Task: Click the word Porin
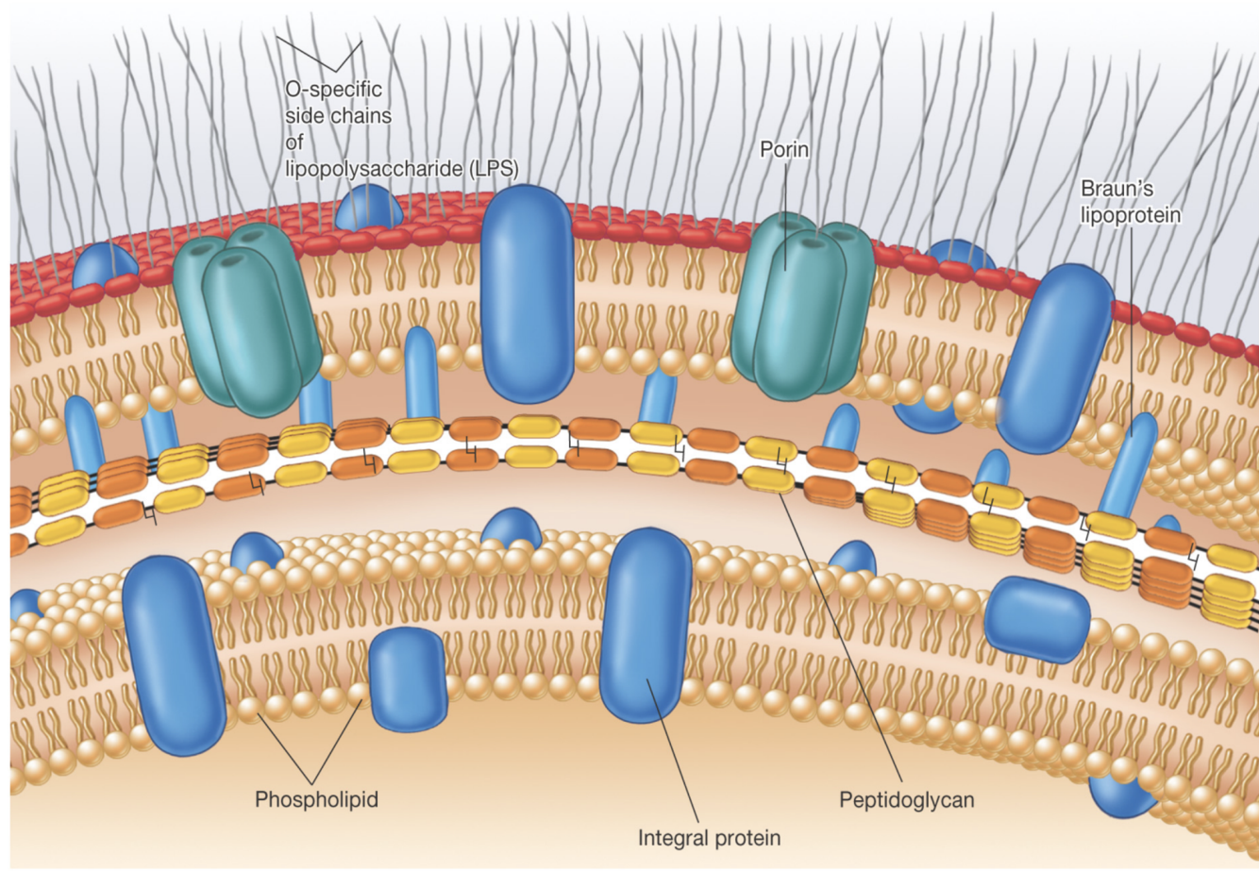(785, 150)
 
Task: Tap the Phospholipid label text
(316, 799)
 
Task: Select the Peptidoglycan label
(906, 799)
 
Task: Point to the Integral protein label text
(709, 837)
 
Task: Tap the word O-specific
(333, 90)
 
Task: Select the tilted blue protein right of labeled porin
(1055, 359)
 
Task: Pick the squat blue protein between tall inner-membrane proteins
(407, 678)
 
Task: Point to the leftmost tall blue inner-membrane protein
(174, 655)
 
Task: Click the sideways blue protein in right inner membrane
(1036, 619)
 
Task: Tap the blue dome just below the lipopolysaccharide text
(369, 208)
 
